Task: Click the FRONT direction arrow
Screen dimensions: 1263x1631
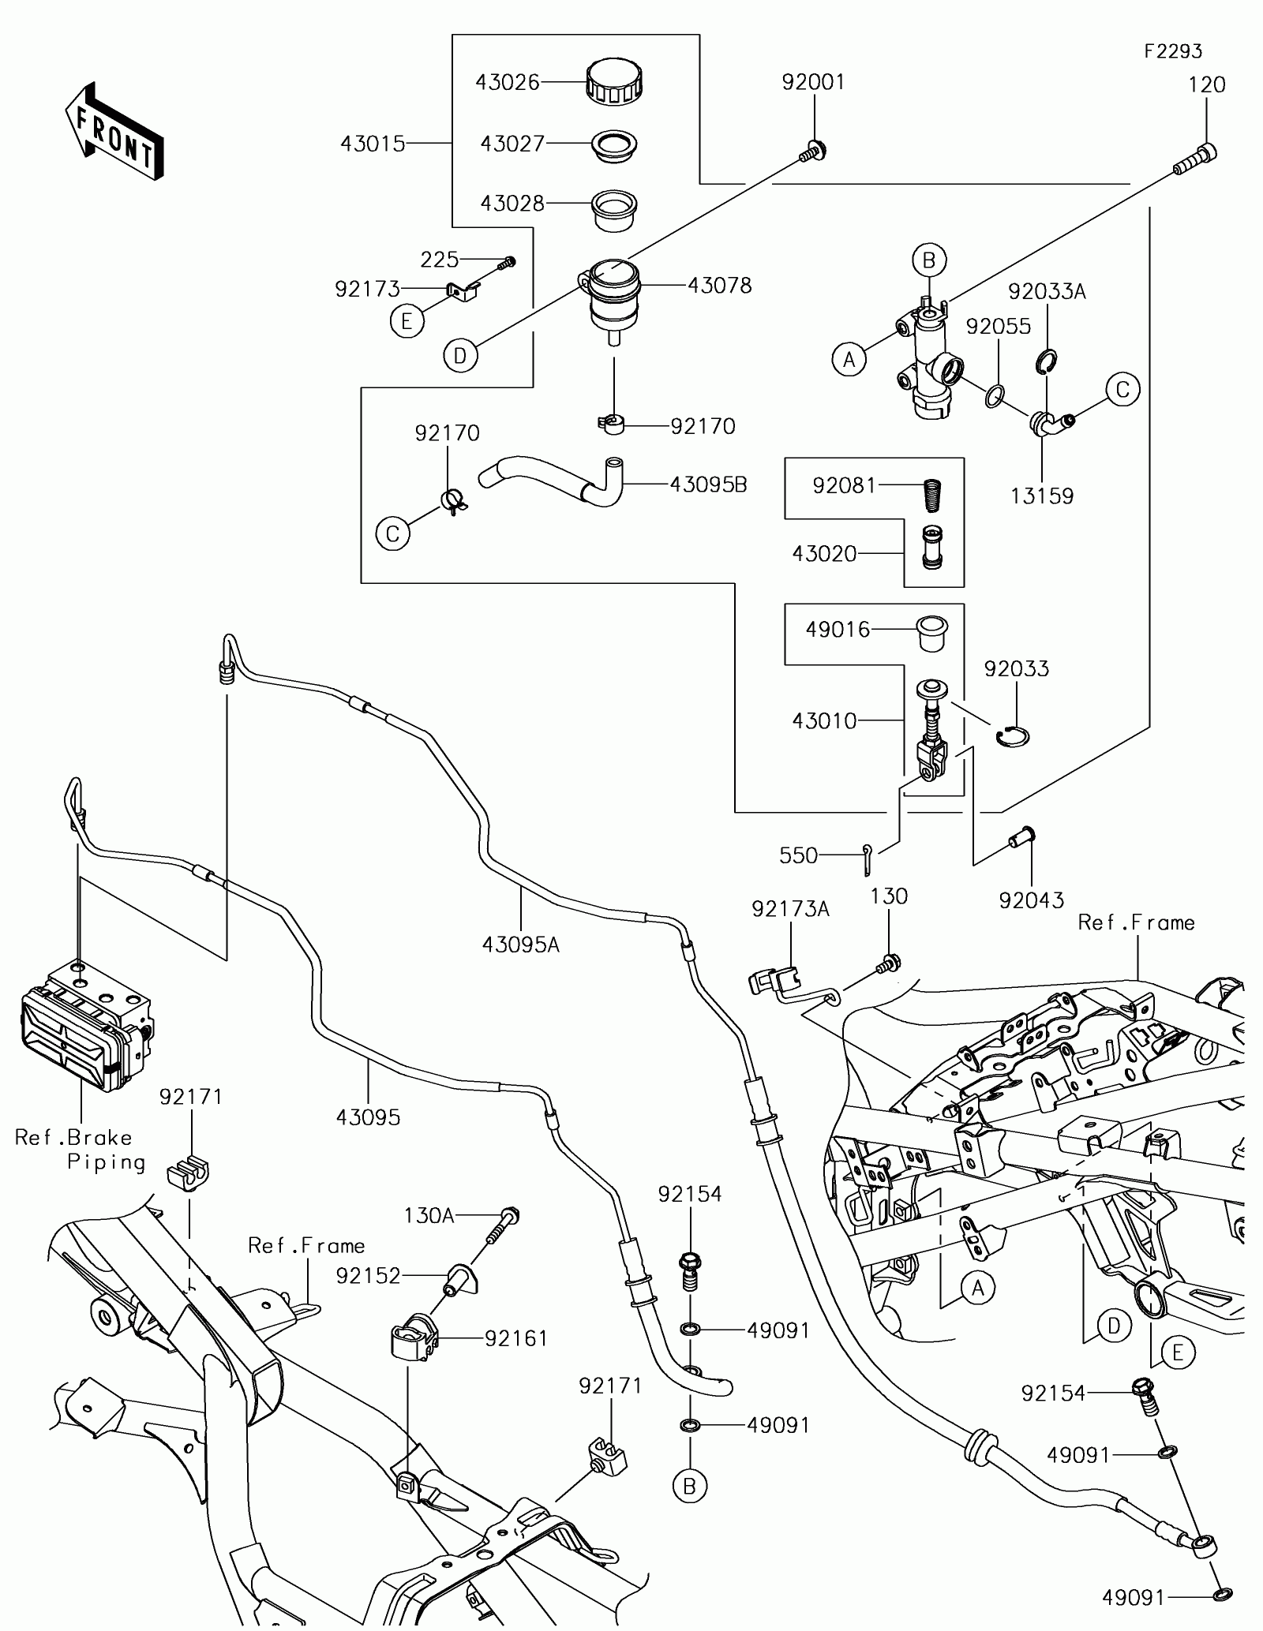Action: coord(114,130)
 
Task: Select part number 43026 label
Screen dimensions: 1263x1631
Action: coord(508,82)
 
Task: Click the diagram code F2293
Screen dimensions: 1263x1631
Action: coord(1174,51)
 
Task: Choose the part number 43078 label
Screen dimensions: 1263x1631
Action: coord(719,285)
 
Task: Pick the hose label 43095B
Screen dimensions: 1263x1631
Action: coord(708,484)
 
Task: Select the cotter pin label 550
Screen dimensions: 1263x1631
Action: coord(799,855)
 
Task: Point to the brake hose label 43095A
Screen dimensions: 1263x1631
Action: coord(521,944)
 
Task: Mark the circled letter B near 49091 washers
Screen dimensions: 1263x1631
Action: coord(690,1487)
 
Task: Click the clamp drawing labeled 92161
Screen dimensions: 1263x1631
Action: coord(414,1337)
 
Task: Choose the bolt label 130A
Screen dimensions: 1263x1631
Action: coord(429,1216)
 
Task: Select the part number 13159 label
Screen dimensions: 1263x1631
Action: coord(1042,496)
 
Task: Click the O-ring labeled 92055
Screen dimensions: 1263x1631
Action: coord(996,396)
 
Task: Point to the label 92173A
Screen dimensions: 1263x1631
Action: coord(790,909)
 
